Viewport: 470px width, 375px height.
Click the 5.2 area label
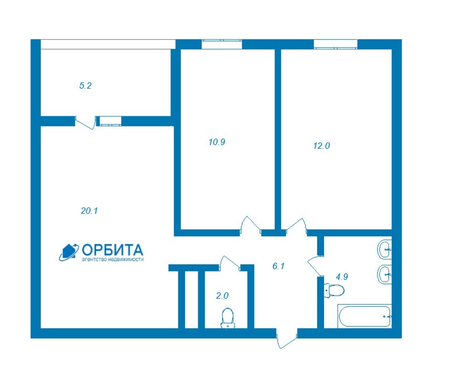85,86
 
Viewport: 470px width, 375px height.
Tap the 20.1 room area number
90,211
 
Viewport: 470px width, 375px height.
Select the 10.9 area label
217,142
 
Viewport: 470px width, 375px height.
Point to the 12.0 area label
322,146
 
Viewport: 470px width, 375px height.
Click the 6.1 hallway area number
279,266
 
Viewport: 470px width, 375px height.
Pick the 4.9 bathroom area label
341,277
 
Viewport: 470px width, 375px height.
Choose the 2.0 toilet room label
223,296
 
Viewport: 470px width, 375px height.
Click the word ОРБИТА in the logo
112,250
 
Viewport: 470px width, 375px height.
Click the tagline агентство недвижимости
113,260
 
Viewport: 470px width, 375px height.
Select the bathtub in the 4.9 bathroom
364,316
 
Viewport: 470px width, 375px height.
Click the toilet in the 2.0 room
228,318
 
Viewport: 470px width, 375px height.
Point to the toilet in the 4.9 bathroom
334,290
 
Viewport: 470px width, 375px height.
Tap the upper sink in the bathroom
384,250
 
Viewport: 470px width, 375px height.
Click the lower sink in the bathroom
384,274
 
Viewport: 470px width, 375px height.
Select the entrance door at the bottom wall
286,339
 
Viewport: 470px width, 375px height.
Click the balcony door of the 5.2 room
85,122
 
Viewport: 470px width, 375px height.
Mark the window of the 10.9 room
222,44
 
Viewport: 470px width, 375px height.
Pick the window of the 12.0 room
336,44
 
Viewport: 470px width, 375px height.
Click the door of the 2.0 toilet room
230,263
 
